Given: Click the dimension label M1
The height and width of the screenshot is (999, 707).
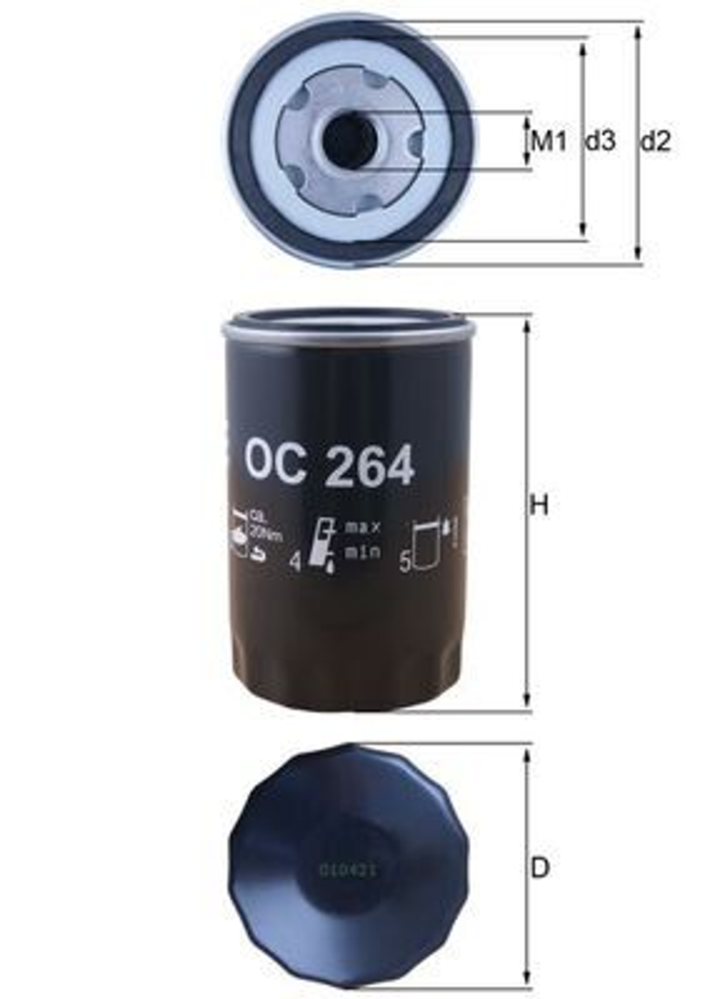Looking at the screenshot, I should click(549, 141).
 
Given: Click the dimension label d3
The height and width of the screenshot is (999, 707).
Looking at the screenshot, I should click(600, 141).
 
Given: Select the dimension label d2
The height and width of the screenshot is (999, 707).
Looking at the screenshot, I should click(655, 141).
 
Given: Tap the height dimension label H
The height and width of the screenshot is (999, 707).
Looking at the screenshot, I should click(539, 506).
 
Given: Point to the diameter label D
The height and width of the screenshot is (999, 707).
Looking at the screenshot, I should click(539, 867).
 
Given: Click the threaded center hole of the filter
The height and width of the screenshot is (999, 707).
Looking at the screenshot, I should click(349, 139).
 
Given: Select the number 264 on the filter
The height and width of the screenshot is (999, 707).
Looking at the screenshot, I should click(368, 467).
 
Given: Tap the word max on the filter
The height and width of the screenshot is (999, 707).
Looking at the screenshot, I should click(363, 527).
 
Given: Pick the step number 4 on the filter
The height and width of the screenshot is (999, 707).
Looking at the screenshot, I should click(296, 562).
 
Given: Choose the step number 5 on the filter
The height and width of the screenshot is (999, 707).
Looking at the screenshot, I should click(405, 563).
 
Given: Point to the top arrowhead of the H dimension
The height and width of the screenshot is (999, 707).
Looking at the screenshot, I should click(527, 327).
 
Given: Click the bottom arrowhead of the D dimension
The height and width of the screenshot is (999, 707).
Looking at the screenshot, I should click(527, 987).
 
